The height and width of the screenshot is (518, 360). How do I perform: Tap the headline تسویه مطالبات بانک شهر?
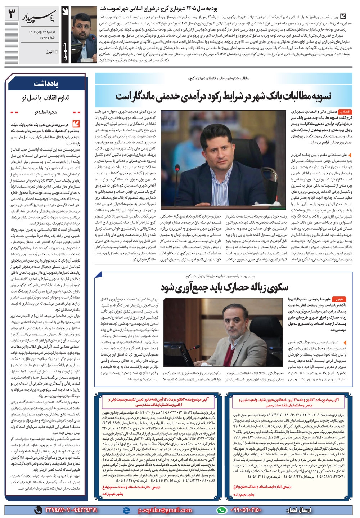point(224,97)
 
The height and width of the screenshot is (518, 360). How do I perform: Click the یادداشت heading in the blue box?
point(46,83)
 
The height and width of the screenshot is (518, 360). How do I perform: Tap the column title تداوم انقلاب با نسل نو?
point(46,98)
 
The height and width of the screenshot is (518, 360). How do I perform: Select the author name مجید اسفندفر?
point(46,112)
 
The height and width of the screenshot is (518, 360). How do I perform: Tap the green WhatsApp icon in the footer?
point(222,510)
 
